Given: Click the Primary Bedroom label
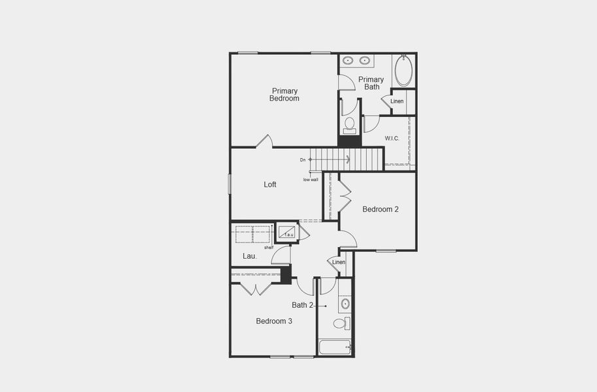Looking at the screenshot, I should [284, 95].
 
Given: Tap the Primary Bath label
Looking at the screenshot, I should [371, 83].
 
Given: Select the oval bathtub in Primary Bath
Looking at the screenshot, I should [403, 71].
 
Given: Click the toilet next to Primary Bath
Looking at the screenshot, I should [349, 123].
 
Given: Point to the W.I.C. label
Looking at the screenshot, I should [392, 139].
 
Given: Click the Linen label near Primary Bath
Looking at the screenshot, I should [397, 101].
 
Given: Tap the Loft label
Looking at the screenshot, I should [270, 185].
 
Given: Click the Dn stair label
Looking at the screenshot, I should [303, 159].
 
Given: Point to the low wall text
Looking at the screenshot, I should [311, 180].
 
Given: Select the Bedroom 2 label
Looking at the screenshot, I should [381, 210].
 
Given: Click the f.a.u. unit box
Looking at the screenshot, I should [287, 232].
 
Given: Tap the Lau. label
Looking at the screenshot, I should [249, 256].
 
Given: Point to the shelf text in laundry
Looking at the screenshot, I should [268, 248].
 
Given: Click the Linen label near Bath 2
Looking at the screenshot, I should [339, 262].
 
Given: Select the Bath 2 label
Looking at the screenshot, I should [303, 305].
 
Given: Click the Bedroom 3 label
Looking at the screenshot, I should [274, 321].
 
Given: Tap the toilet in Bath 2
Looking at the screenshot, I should [341, 323].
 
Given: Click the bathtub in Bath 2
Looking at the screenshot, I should [334, 347].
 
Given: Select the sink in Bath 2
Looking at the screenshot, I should [345, 304].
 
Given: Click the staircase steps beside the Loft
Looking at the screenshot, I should [346, 157].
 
